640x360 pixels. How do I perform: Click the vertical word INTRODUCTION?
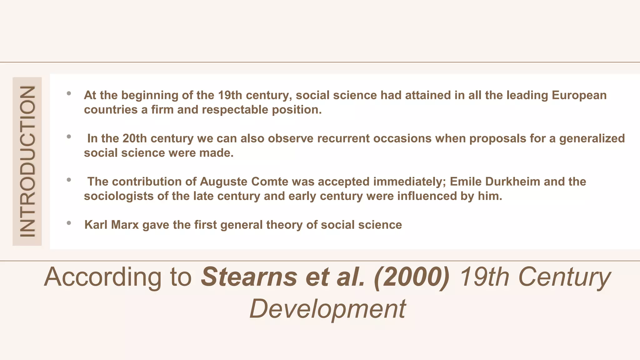(27, 161)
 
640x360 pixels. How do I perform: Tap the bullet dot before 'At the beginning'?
(69, 93)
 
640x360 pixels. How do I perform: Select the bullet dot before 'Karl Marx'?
(69, 223)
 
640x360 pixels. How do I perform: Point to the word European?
(579, 95)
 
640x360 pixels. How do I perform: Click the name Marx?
(125, 225)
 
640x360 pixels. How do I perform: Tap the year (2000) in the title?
(411, 277)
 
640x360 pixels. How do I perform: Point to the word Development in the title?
(327, 309)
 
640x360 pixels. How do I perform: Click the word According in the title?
(103, 277)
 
